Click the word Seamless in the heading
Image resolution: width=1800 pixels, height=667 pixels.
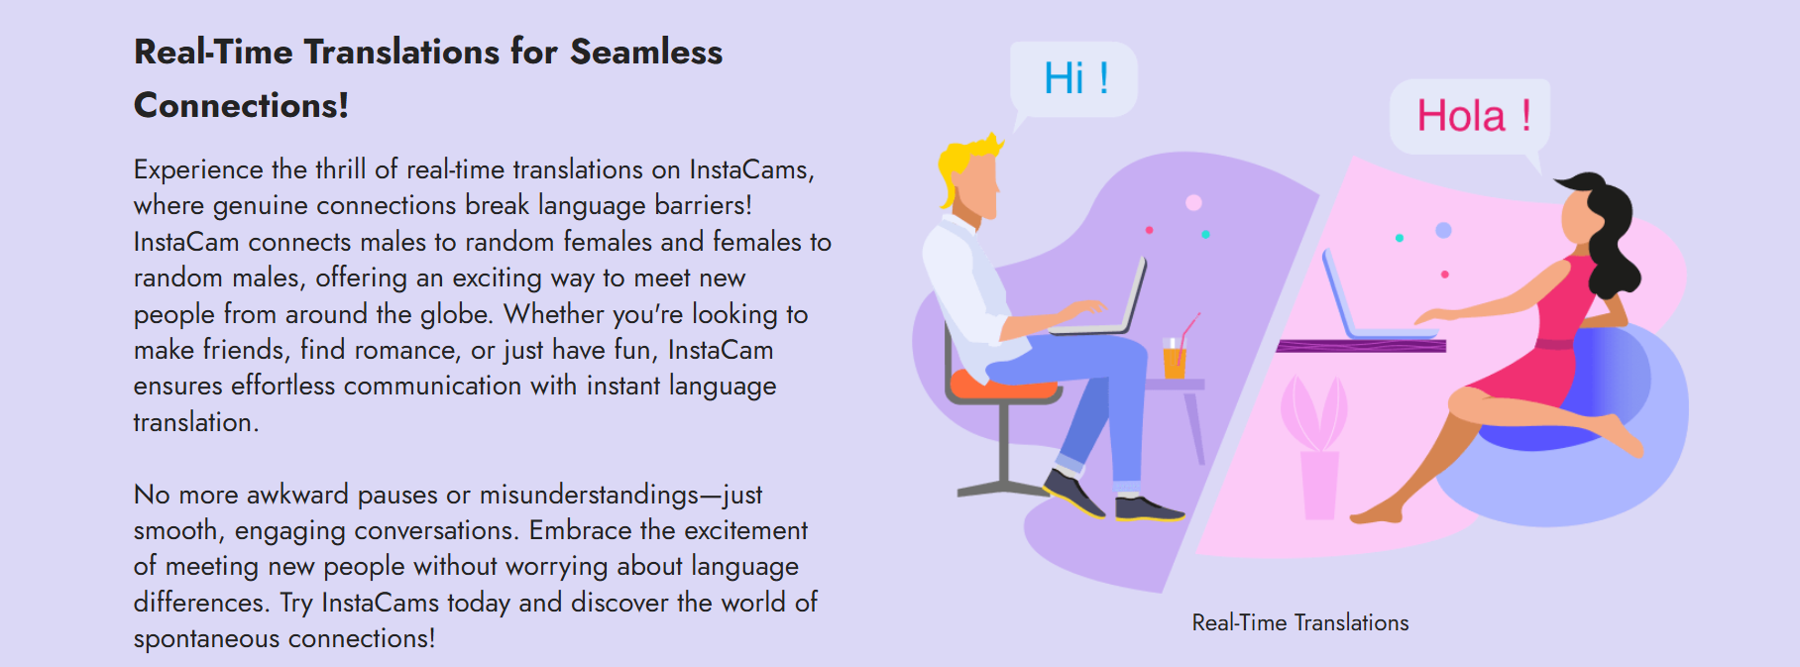tap(646, 52)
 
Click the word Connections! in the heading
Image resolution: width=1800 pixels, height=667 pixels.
tap(241, 105)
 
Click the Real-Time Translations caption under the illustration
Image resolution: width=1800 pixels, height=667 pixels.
tap(1299, 622)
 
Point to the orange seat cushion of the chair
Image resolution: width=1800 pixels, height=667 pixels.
tap(1001, 384)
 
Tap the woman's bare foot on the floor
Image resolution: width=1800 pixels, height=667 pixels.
tap(1378, 512)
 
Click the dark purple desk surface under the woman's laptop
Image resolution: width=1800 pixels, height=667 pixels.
tap(1361, 346)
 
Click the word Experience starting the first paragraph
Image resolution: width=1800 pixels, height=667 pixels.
tap(199, 170)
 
